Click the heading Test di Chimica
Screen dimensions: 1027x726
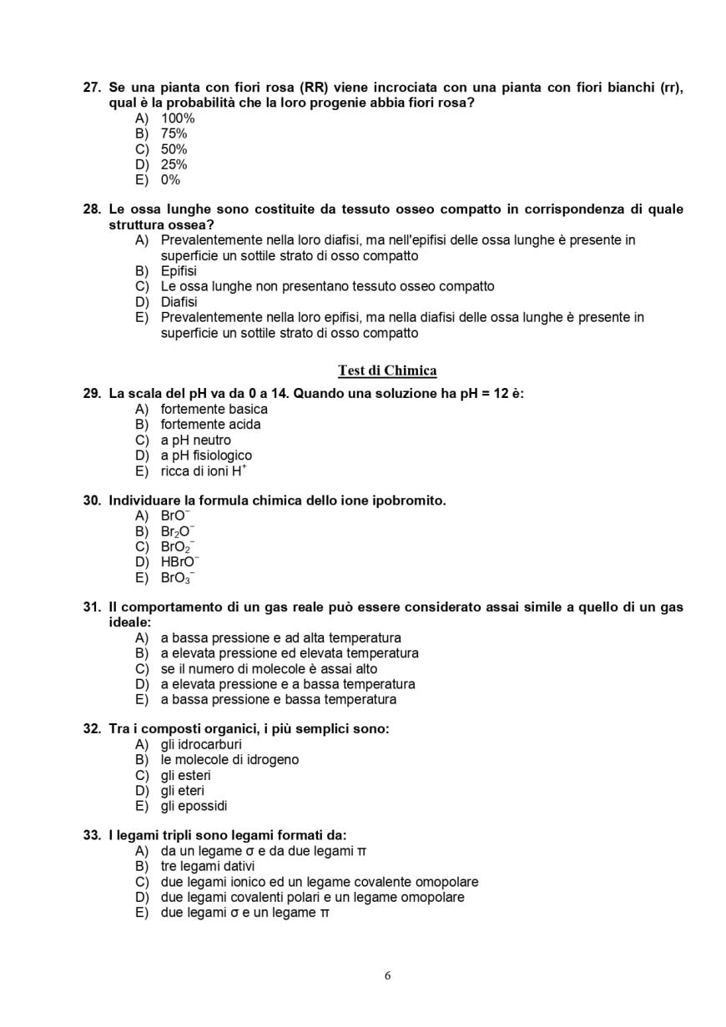[x=387, y=370]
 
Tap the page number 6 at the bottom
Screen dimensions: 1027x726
[x=387, y=976]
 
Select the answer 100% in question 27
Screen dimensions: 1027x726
[x=177, y=118]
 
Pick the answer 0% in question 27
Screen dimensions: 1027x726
[x=170, y=180]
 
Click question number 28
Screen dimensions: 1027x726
[x=92, y=209]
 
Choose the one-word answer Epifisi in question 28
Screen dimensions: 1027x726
[x=179, y=271]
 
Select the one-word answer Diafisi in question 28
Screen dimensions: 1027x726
[x=179, y=302]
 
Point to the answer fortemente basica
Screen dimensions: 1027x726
[x=214, y=409]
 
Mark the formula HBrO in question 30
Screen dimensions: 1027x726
[x=179, y=562]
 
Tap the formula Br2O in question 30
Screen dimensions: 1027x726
[x=177, y=531]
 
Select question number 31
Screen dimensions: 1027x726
[x=92, y=607]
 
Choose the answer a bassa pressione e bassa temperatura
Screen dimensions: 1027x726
[x=278, y=699]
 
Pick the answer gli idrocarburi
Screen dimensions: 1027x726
[x=201, y=744]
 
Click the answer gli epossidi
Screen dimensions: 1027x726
[x=194, y=806]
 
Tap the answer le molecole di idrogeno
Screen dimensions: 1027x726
[x=229, y=760]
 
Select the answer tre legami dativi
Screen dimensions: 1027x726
[x=208, y=866]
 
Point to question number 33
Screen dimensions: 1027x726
[x=92, y=835]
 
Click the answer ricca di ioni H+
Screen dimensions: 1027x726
[x=203, y=471]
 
